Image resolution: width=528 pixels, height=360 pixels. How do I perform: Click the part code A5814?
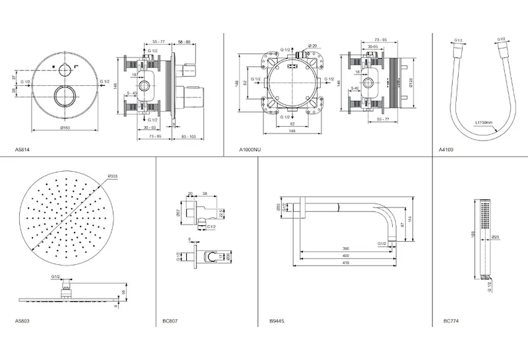(x=22, y=151)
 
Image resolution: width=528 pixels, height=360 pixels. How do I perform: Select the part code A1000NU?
(x=250, y=151)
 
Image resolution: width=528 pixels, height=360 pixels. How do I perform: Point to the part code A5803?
(x=22, y=322)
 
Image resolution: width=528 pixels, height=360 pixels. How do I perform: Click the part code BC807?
(x=169, y=322)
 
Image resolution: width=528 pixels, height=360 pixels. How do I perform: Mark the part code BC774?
(x=451, y=322)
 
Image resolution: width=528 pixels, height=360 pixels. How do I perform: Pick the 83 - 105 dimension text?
(x=189, y=137)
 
